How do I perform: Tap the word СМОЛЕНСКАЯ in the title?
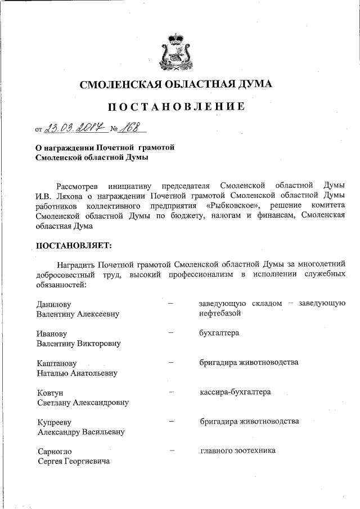(x=120, y=85)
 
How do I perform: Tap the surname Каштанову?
(x=56, y=363)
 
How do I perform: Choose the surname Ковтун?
(x=49, y=392)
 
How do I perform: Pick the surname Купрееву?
(x=55, y=422)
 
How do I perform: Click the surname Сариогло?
(x=55, y=451)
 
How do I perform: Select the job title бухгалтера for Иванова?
(x=219, y=333)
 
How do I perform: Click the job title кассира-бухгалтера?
(x=235, y=391)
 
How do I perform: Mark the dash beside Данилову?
(x=172, y=304)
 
